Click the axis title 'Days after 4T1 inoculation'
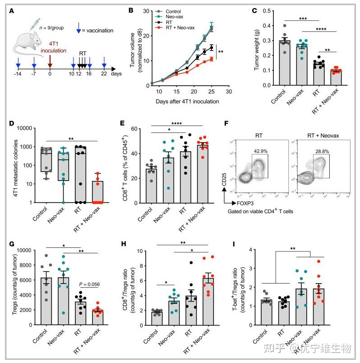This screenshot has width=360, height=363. click(187, 101)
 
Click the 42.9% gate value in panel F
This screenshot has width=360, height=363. click(271, 149)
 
